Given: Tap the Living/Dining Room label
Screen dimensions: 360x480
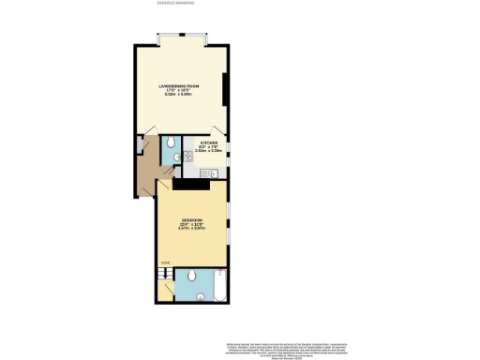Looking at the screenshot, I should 179,85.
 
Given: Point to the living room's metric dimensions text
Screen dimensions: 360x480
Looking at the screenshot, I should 179,95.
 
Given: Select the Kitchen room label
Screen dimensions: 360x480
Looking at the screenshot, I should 209,142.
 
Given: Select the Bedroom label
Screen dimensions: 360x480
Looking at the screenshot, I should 191,220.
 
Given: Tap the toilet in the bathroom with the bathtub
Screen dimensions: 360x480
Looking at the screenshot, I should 190,275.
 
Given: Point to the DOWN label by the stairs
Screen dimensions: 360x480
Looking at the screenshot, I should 164,263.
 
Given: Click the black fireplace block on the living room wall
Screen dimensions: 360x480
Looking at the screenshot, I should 224,89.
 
